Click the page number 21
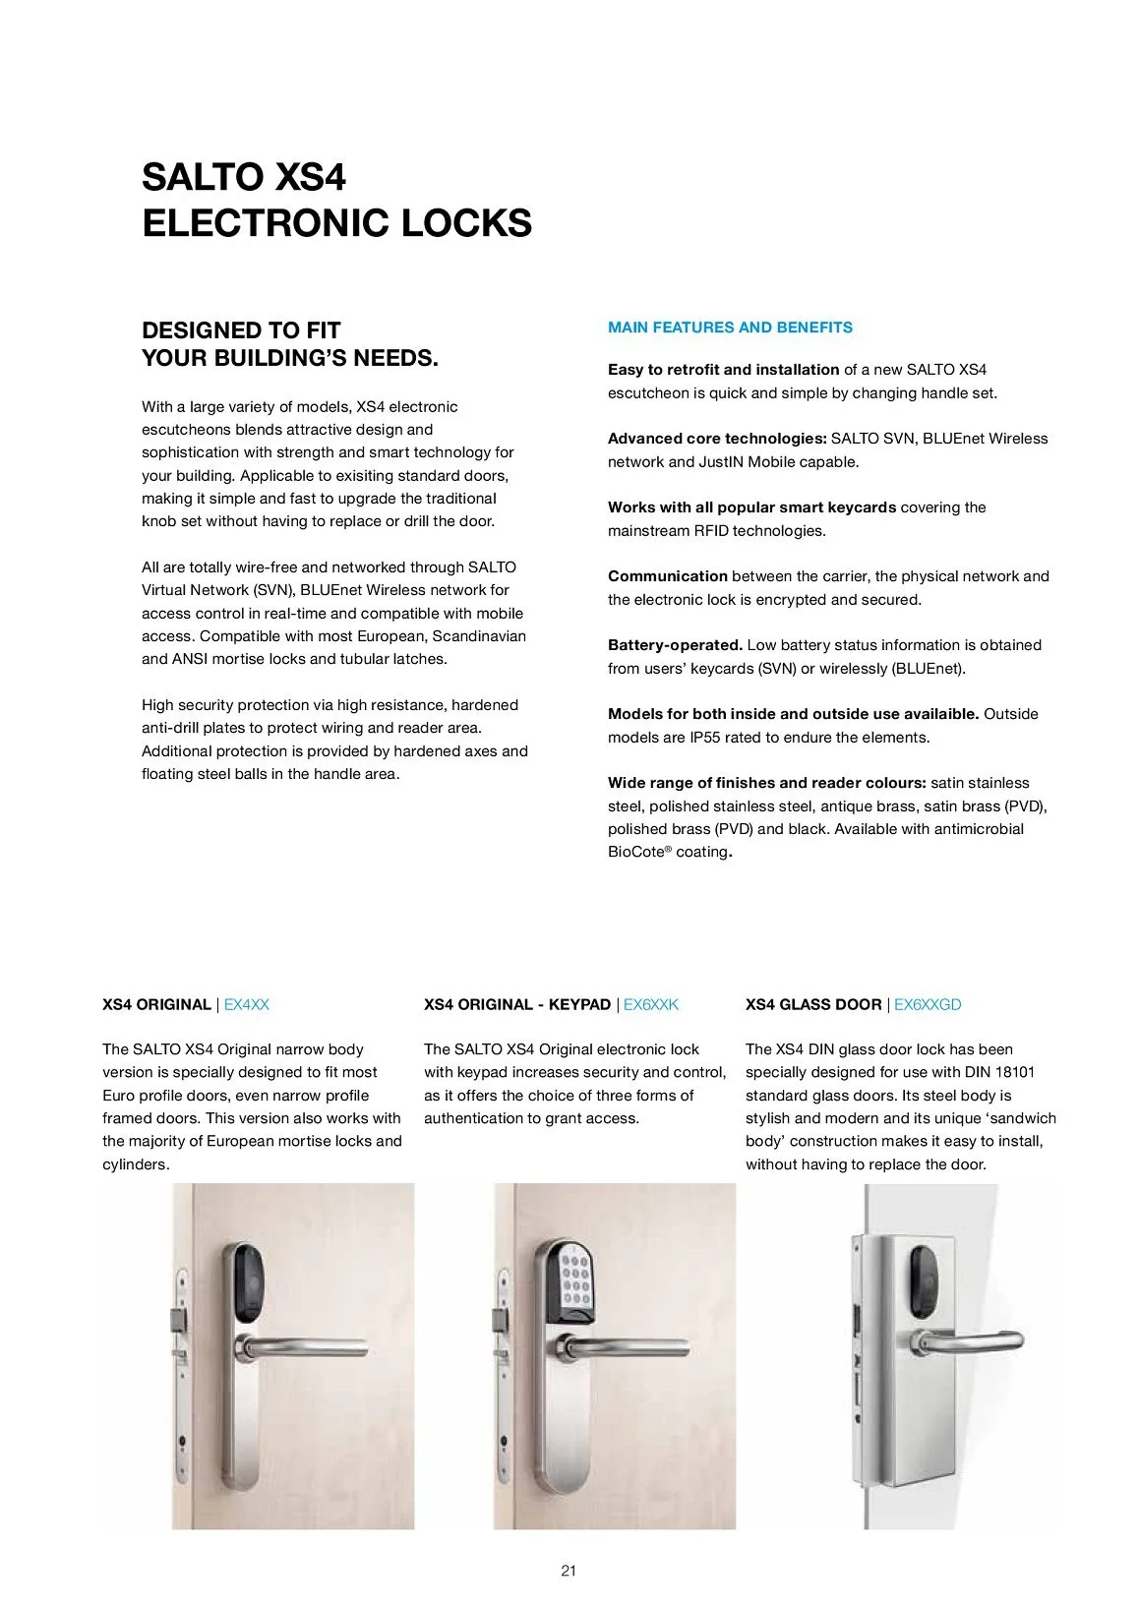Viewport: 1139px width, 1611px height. click(569, 1571)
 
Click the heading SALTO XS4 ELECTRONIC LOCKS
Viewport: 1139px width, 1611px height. click(336, 201)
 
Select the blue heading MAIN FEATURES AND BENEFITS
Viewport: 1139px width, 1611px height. click(730, 328)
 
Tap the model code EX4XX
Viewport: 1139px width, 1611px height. click(246, 1004)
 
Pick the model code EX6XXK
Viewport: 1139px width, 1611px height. click(651, 1004)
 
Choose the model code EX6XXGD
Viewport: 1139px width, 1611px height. click(928, 1004)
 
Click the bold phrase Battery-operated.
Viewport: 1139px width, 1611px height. click(675, 645)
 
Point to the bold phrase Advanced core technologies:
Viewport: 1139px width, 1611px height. click(717, 439)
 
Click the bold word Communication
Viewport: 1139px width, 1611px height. click(667, 576)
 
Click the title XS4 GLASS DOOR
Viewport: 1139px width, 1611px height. click(813, 1004)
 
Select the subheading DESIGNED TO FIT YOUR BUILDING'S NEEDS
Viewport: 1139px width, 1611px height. click(290, 344)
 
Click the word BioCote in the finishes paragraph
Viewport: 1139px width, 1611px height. click(636, 852)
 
